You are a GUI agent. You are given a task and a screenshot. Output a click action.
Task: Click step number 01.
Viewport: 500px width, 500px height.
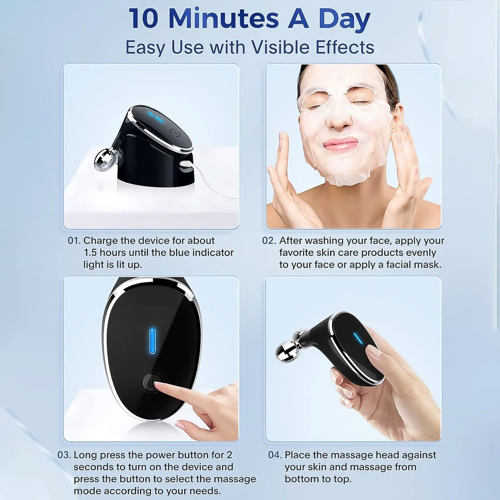(x=74, y=240)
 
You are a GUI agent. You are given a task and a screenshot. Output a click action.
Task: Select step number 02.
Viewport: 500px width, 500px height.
(x=269, y=240)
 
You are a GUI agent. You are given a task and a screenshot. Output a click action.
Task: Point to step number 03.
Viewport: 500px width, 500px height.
(x=64, y=455)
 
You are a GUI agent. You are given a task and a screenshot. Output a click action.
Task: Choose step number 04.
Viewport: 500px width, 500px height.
(x=275, y=455)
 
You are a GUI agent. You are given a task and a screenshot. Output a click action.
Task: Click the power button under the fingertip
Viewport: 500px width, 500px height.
(x=149, y=383)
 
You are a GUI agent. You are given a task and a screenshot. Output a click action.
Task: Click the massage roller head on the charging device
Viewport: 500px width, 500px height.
(x=102, y=161)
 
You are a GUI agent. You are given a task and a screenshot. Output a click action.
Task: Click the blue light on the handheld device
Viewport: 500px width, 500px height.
(x=358, y=338)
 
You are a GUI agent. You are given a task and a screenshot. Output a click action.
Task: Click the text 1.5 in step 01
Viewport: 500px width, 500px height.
(x=91, y=253)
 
